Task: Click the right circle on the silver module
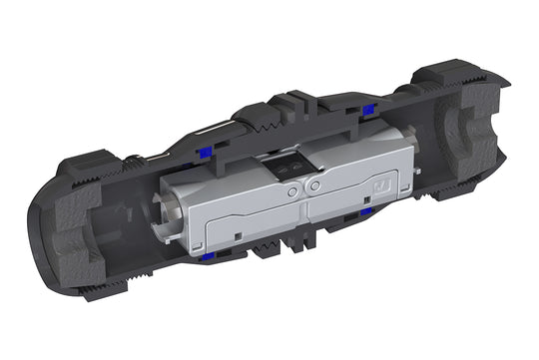click(312, 185)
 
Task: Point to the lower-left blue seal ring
click(206, 258)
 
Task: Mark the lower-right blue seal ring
click(366, 212)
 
